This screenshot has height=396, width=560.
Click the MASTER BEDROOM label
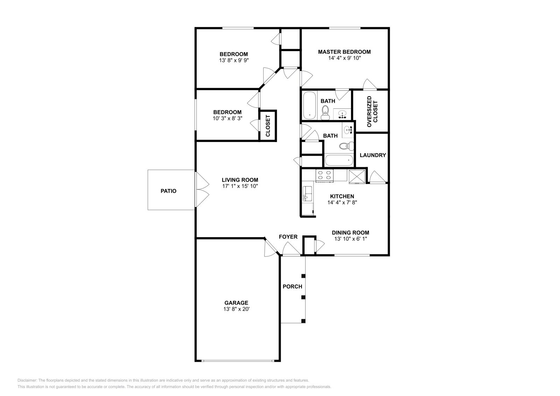344,52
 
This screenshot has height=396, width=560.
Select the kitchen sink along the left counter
308,193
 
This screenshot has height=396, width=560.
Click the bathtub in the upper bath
309,105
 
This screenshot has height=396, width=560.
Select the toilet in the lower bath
346,146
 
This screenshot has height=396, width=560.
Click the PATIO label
168,191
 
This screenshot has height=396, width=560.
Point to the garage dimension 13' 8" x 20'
236,309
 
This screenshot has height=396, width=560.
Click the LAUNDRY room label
372,155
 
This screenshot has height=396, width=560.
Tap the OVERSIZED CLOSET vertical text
372,111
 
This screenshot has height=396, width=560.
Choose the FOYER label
288,237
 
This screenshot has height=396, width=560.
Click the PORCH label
292,287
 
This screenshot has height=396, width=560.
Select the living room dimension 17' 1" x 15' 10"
240,186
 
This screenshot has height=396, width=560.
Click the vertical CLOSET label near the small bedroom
268,126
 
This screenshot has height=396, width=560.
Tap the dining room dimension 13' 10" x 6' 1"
350,239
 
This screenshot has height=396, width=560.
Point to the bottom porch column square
303,321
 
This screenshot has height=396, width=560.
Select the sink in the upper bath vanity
342,113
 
